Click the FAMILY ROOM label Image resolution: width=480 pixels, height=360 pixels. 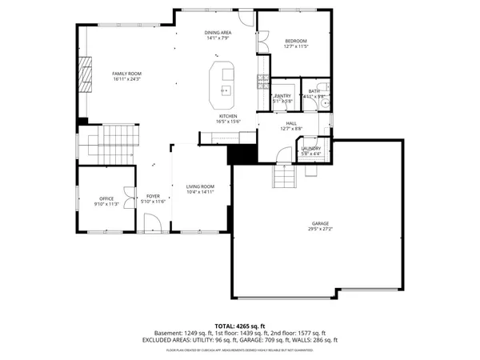(126, 73)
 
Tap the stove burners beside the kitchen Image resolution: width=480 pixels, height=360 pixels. (262, 79)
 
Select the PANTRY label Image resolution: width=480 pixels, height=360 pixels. (282, 96)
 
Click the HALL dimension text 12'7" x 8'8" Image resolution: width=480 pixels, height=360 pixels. (291, 128)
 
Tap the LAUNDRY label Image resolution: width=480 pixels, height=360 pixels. (310, 148)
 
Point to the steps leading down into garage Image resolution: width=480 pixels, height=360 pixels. (283, 174)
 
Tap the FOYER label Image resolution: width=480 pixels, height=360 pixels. (153, 196)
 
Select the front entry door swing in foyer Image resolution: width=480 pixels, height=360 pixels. (157, 225)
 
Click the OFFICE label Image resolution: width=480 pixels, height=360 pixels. (106, 198)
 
